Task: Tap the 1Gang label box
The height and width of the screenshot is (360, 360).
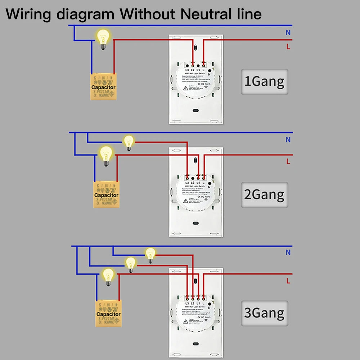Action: coord(264,81)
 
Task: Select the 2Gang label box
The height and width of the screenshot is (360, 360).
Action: coord(264,195)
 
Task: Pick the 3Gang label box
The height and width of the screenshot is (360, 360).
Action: coord(264,313)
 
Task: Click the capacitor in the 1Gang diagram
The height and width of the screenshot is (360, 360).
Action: coord(103,87)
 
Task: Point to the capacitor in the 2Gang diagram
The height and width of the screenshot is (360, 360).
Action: coord(106,194)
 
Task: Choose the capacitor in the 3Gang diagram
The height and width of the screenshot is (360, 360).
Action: coord(108,314)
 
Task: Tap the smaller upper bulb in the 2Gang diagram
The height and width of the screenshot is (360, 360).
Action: coord(129,142)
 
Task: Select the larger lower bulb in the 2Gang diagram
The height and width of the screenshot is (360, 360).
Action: coord(106,155)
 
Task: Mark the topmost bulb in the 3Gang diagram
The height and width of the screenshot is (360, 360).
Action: coord(150,255)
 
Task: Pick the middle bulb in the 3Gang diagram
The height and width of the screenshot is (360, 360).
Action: coord(131,264)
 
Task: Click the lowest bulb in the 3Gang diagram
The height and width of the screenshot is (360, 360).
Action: coord(108,276)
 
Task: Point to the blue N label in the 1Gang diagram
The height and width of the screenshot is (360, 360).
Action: coord(288,32)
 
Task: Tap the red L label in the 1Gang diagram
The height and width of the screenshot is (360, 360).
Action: coord(288,46)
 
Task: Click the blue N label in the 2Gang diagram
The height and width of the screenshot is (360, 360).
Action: coord(288,140)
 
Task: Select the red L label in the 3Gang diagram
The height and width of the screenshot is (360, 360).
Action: coord(288,281)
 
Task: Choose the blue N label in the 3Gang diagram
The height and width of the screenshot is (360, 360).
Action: coord(288,253)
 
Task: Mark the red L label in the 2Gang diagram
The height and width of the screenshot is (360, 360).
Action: coord(288,162)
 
